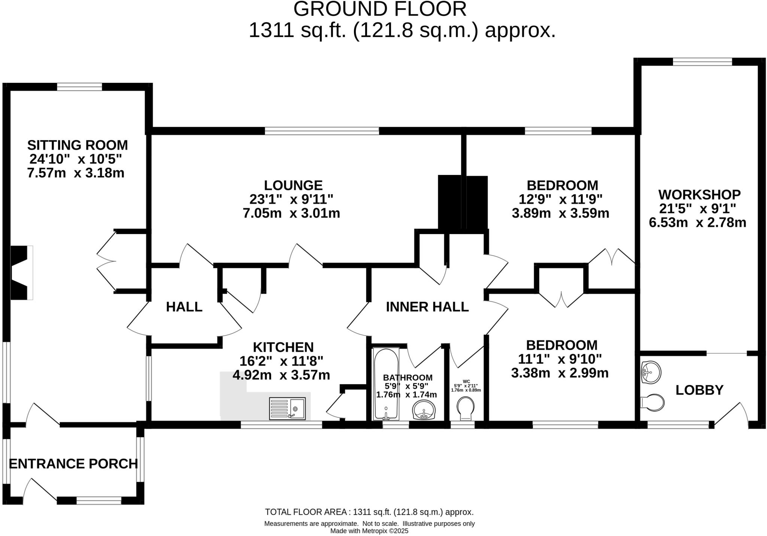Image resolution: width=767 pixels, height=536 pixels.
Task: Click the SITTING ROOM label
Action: pos(78,145)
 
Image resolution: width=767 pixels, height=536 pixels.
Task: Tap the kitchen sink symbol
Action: pos(287,408)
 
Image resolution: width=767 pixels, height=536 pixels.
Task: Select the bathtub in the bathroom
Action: pos(386,384)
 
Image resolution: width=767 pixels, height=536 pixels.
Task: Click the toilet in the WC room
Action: pos(466,408)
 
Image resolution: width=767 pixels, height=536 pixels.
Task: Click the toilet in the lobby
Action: pos(652,402)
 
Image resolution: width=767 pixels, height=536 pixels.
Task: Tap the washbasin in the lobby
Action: pos(651,372)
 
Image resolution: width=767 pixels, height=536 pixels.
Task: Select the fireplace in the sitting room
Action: pos(19,272)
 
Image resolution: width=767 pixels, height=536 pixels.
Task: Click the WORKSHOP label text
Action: pos(699,195)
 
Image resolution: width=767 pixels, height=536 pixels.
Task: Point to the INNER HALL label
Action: pos(427,307)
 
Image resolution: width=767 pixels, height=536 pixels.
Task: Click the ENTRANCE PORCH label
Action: pos(73,464)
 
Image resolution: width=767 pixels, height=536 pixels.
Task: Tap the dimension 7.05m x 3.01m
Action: pos(291,214)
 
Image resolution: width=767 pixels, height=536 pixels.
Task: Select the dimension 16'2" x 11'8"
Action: pos(281,361)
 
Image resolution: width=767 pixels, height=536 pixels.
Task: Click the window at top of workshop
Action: pos(702,62)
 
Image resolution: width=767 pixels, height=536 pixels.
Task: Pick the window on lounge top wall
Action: pos(322,131)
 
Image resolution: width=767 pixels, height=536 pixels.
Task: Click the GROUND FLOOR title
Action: pos(380,9)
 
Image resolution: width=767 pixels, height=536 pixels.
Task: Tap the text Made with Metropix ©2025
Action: pos(369,531)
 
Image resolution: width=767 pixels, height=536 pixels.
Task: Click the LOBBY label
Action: pos(699,390)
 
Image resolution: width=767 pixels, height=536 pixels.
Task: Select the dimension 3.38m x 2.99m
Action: pos(560,373)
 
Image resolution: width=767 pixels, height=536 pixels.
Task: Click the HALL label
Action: pos(184,307)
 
